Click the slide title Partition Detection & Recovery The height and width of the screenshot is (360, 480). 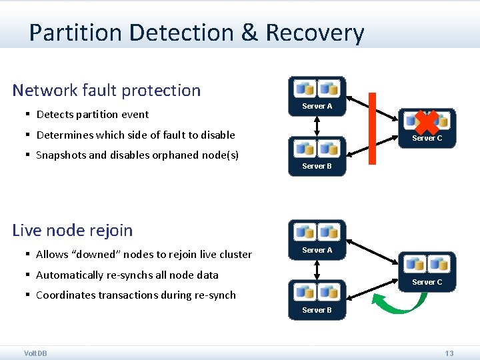point(197,33)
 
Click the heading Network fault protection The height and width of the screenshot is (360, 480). point(107,90)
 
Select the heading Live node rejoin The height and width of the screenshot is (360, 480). point(73,231)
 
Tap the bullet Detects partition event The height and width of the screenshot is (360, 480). point(93,115)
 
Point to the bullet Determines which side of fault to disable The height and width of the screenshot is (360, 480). point(135,135)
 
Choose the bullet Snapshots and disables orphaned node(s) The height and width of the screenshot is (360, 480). point(137,155)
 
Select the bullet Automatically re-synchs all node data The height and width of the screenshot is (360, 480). point(127,275)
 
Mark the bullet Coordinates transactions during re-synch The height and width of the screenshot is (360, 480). point(136,295)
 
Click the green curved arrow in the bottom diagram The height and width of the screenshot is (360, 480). point(399,303)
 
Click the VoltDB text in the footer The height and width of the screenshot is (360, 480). point(35,353)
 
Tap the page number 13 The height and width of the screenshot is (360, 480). point(449,353)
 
